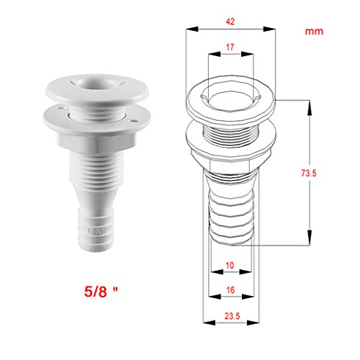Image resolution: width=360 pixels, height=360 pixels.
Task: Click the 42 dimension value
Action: click(230, 22)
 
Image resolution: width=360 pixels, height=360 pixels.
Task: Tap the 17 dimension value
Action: click(230, 48)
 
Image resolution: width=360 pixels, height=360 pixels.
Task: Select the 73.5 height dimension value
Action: click(309, 173)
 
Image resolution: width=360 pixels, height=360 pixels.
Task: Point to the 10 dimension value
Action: click(230, 265)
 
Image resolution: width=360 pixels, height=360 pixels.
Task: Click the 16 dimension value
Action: click(230, 290)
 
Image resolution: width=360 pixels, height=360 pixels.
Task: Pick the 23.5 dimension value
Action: click(232, 316)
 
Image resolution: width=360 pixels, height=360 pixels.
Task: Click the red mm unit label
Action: click(314, 32)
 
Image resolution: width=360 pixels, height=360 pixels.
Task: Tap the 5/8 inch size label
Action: click(101, 292)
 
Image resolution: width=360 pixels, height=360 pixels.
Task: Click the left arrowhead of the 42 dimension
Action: click(192, 29)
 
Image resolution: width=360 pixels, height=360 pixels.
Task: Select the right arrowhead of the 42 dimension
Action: click(269, 29)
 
